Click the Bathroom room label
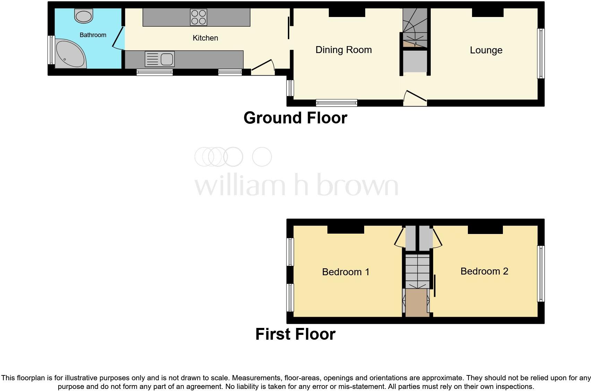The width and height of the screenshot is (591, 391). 93,35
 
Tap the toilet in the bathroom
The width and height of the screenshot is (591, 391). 84,16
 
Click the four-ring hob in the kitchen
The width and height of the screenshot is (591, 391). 199,17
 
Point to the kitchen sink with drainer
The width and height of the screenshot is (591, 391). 160,59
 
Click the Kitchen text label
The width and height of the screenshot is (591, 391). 205,38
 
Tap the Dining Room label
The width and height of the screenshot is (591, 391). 343,50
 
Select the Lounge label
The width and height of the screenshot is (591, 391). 486,50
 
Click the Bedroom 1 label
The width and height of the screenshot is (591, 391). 346,272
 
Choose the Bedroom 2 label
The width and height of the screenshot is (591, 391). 484,271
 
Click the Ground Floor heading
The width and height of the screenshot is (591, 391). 295,118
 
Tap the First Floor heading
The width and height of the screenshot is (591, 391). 295,334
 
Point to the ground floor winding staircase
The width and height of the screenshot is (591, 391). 415,26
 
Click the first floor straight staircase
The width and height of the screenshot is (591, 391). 418,270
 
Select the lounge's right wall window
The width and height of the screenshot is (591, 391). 541,53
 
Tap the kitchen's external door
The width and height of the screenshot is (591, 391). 263,68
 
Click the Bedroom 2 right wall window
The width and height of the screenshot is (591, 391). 541,273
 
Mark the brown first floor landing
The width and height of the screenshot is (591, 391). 417,303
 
